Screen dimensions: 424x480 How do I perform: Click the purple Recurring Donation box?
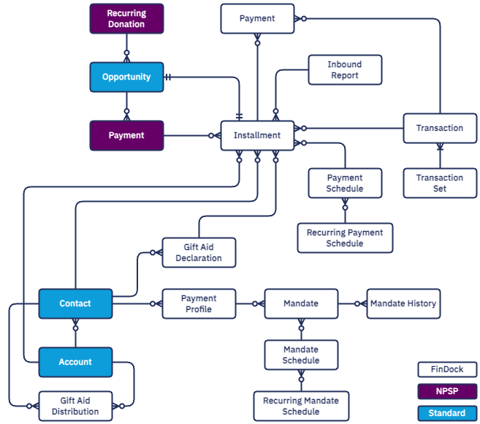126,18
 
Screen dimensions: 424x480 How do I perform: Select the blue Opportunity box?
126,77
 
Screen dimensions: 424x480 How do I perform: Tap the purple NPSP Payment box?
126,135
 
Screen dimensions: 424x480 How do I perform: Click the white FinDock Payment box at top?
257,18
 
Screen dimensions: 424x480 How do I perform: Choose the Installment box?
257,135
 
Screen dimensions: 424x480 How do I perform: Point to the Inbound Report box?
344,70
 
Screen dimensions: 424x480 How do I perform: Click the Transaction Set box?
439,183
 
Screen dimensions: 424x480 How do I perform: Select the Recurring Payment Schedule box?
344,238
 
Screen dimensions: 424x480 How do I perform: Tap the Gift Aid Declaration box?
199,253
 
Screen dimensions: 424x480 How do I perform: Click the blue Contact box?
75,303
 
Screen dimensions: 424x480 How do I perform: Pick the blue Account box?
75,362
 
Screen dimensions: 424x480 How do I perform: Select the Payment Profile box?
199,303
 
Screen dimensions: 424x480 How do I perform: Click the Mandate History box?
403,303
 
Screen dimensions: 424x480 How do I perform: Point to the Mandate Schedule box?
301,355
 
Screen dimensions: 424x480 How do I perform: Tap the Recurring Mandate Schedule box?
301,406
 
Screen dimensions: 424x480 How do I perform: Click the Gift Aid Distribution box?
75,406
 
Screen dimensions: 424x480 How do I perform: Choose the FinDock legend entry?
446,370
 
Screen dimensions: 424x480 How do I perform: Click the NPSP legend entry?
446,391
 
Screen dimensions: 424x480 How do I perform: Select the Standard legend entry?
446,413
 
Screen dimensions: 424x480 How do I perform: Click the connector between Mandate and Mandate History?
352,303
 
